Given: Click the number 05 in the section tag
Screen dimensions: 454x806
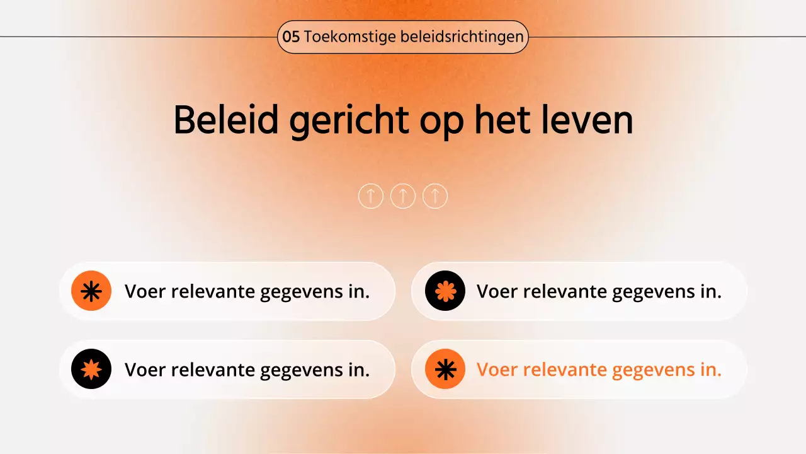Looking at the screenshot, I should [x=291, y=37].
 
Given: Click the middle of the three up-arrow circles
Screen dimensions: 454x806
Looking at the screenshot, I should [x=403, y=196].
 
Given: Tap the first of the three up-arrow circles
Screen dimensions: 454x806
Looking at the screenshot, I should [x=371, y=196].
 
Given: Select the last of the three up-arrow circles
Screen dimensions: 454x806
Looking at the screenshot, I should [x=435, y=196].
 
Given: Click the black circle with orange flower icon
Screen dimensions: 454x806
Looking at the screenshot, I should [x=445, y=291].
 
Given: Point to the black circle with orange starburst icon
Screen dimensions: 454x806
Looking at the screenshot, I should [x=91, y=369].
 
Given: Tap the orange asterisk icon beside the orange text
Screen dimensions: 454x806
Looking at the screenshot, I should [x=445, y=369].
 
